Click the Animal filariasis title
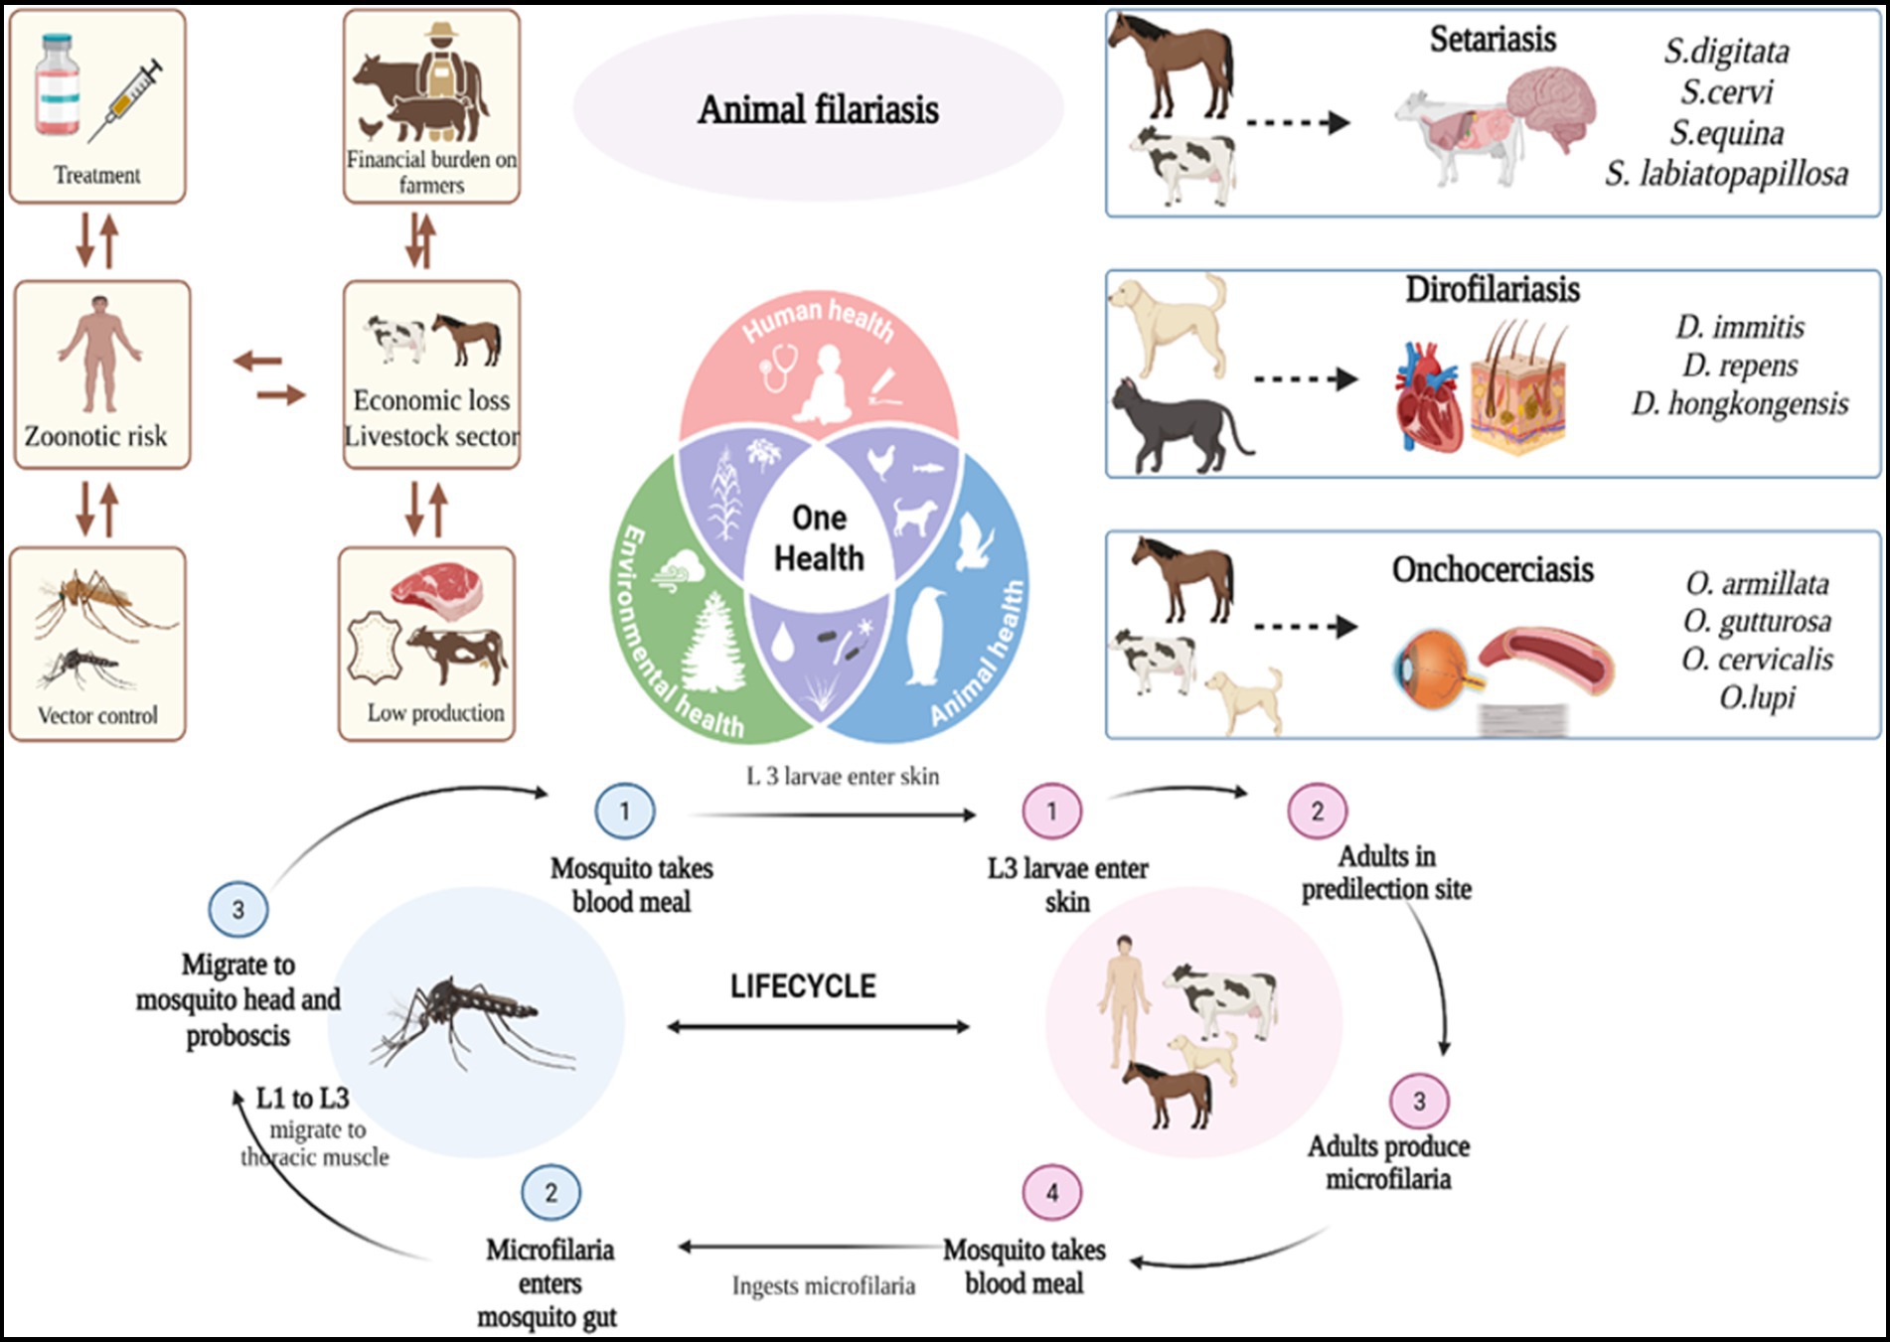point(818,109)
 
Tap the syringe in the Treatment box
point(127,99)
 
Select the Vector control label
point(97,715)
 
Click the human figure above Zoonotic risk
point(99,353)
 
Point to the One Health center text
point(819,537)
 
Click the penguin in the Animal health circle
point(926,636)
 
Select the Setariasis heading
point(1493,39)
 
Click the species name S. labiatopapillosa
point(1726,174)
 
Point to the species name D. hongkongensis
point(1740,403)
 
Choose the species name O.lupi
point(1757,697)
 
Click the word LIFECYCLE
point(803,986)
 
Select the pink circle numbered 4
point(1052,1192)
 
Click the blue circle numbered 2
point(551,1192)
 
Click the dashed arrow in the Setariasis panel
point(1298,123)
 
